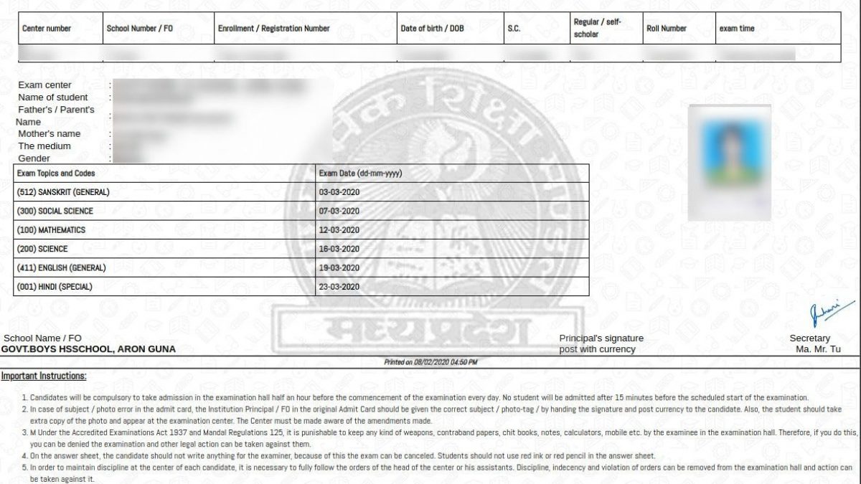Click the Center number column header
click(47, 29)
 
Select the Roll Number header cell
click(666, 29)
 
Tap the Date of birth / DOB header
click(432, 29)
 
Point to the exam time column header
click(736, 29)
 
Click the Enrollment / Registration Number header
click(273, 29)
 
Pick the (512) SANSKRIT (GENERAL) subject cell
click(62, 192)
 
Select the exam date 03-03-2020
click(339, 192)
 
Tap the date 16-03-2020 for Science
click(339, 249)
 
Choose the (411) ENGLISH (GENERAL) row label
click(61, 267)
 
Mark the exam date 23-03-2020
click(339, 287)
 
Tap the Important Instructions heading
click(43, 376)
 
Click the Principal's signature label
click(601, 338)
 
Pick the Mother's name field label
click(49, 133)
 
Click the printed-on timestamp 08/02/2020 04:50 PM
click(430, 363)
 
